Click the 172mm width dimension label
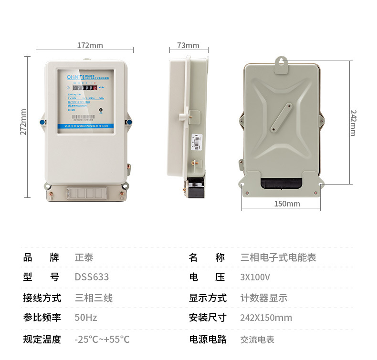pos(90,46)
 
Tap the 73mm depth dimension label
pos(188,45)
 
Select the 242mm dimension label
pos(353,123)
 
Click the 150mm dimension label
pos(287,204)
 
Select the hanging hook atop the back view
pos(282,62)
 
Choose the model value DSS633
pos(92,277)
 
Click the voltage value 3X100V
pos(255,277)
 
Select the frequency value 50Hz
pos(86,318)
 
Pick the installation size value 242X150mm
pos(266,318)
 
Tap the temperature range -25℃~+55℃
pos(102,339)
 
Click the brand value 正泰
pos(84,257)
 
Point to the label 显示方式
pos(208,298)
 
